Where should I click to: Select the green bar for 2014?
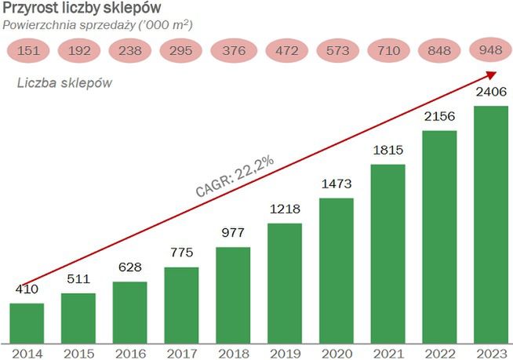tap(26, 322)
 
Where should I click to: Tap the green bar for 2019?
tap(285, 282)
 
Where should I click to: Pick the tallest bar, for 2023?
tap(492, 224)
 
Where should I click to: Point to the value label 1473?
tap(337, 184)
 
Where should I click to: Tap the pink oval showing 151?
tap(27, 52)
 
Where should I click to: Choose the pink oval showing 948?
tap(491, 52)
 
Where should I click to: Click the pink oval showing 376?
tap(233, 52)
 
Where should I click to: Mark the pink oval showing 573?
tap(337, 52)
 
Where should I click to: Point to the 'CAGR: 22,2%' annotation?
tap(235, 176)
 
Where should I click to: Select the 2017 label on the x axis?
tap(181, 352)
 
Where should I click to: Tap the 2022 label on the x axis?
tap(440, 352)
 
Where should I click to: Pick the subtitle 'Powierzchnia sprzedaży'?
tap(98, 25)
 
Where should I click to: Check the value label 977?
tap(233, 234)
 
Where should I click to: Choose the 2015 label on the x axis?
tap(78, 352)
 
